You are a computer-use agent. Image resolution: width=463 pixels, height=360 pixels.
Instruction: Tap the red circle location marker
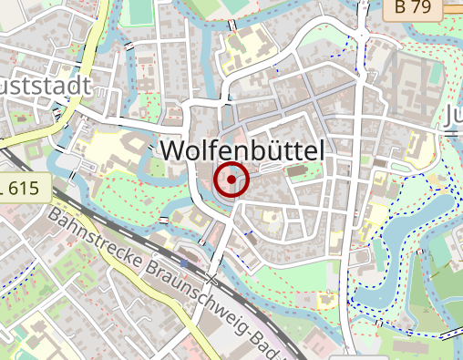click(x=231, y=180)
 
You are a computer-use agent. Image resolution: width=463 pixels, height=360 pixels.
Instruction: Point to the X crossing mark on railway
click(x=212, y=278)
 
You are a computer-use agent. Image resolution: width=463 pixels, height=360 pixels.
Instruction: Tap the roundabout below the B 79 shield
click(x=363, y=36)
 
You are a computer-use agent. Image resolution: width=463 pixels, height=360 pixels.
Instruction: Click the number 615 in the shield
click(x=27, y=189)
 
